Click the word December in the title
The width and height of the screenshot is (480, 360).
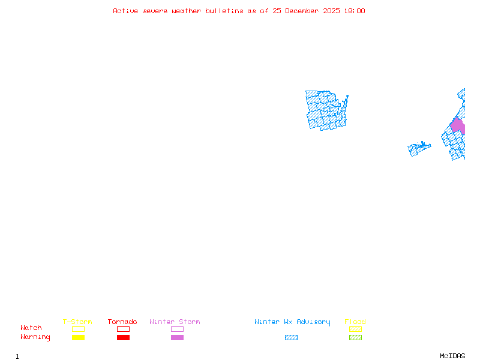click(x=302, y=11)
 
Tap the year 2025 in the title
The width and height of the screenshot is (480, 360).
click(x=331, y=11)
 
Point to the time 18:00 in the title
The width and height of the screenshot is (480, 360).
click(x=355, y=11)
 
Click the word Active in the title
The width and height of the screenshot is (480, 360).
click(x=125, y=11)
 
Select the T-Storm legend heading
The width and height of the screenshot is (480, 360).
click(x=77, y=322)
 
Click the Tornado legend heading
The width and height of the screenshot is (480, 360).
click(x=122, y=322)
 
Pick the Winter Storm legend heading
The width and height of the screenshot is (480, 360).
click(x=175, y=322)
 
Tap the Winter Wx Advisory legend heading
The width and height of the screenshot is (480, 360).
click(x=292, y=322)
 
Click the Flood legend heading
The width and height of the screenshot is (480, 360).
click(x=355, y=322)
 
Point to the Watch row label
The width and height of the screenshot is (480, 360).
click(x=31, y=328)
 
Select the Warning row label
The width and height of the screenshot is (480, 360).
click(x=35, y=337)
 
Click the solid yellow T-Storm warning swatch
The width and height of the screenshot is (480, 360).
click(x=79, y=337)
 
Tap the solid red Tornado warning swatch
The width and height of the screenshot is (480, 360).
click(x=124, y=337)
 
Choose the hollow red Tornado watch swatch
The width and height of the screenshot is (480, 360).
click(x=124, y=326)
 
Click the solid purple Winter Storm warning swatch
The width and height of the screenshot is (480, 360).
click(x=177, y=337)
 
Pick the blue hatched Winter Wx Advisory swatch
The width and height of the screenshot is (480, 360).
click(x=291, y=337)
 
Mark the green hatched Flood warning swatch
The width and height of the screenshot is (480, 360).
click(x=355, y=337)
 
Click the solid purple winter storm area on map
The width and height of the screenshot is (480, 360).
click(x=457, y=125)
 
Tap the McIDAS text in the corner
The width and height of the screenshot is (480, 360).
click(x=452, y=356)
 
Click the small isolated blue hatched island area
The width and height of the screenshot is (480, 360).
click(x=418, y=149)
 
